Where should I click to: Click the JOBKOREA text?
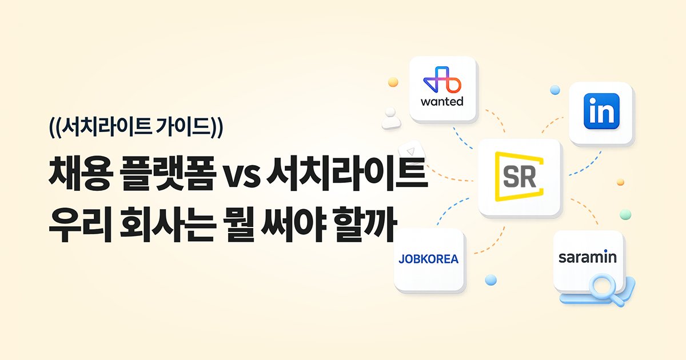pos(429,259)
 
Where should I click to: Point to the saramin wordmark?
pos(588,257)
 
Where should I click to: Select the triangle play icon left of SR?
pos(409,152)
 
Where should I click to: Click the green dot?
pos(625,214)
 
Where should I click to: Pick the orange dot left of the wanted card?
pos(393,82)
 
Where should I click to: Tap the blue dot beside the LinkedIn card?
pos(555,90)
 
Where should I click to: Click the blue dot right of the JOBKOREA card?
pos(490,279)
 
